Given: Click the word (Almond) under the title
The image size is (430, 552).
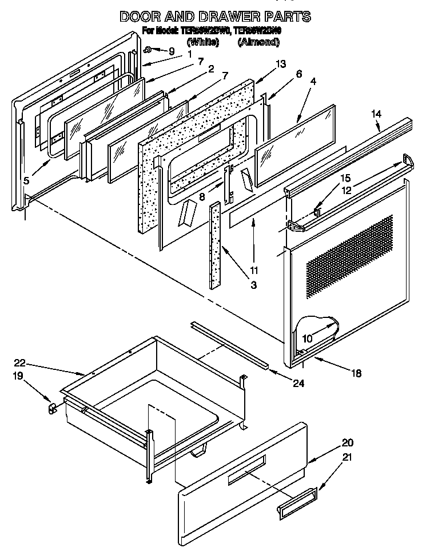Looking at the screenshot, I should tap(258, 42).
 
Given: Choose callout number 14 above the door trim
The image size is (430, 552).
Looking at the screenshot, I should tap(376, 114).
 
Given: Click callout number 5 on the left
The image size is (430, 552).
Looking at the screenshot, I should tap(26, 181).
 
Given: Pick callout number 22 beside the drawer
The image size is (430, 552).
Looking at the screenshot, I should tap(21, 362).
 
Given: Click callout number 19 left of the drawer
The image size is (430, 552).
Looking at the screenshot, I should tap(18, 377).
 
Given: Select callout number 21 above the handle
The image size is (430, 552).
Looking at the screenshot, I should tap(347, 457).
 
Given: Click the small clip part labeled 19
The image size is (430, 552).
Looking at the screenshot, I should tap(51, 408).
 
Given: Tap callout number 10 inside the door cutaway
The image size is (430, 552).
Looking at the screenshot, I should tap(307, 338).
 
